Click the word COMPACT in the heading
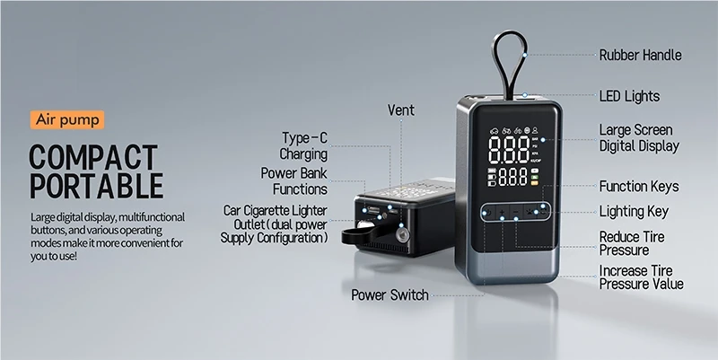click(92, 155)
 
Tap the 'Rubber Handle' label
click(640, 55)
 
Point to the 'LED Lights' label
click(629, 96)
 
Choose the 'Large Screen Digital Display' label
click(638, 138)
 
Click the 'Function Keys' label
click(638, 187)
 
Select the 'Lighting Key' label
click(634, 212)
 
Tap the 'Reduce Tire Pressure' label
click(632, 243)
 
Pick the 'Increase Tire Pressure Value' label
click(641, 277)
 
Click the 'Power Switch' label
click(390, 294)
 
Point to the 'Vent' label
click(400, 110)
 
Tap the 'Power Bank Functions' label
click(293, 180)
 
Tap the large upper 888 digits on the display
click(509, 146)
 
